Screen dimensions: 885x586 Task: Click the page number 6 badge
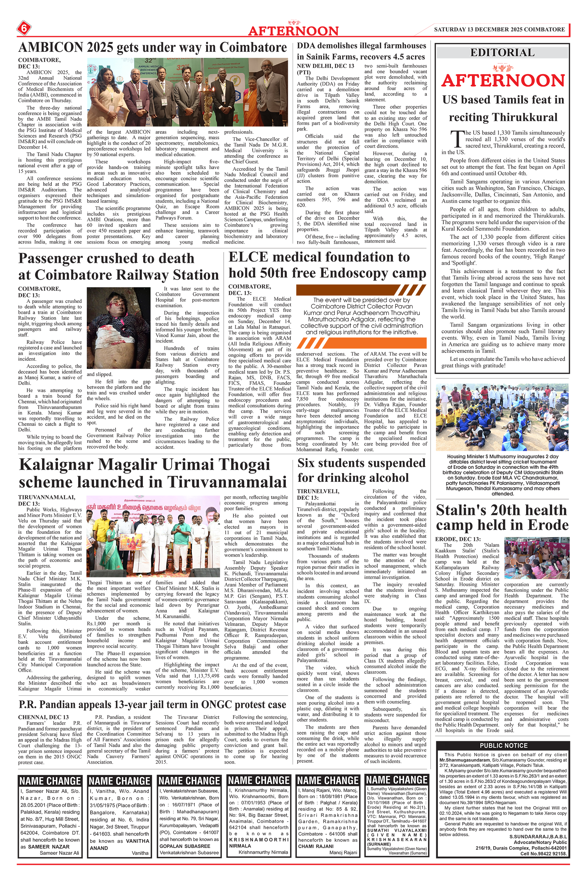point(24,28)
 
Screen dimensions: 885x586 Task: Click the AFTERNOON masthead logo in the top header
point(293,30)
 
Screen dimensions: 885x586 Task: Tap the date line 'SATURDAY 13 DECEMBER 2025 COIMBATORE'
point(499,30)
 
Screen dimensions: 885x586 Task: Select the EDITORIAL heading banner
point(502,53)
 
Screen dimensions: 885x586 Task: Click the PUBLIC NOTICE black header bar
point(503,745)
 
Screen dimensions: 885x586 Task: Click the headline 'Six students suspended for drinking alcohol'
point(361,470)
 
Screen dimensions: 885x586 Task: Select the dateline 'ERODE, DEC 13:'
point(458,539)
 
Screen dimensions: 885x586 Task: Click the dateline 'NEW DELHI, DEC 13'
point(326,66)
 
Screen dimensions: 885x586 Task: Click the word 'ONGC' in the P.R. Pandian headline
point(217,705)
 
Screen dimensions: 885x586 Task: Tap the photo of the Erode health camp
point(536,558)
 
